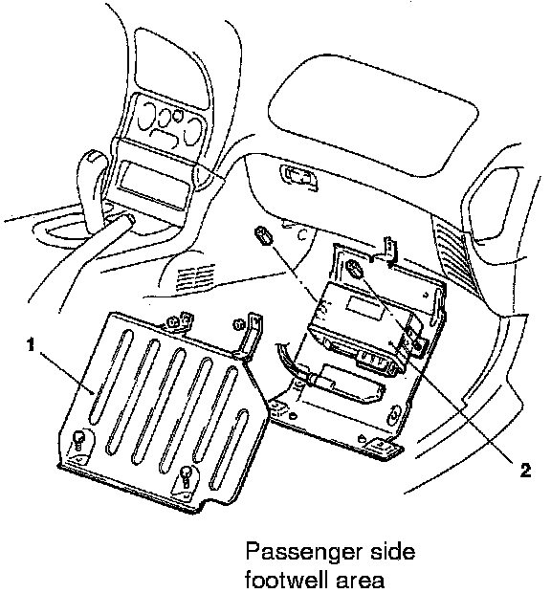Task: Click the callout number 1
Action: click(x=31, y=345)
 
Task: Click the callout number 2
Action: click(x=525, y=471)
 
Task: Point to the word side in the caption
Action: click(x=390, y=551)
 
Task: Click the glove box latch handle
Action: click(x=298, y=176)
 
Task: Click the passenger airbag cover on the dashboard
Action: click(x=372, y=114)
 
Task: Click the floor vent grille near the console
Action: click(x=195, y=276)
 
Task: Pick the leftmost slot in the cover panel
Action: click(x=112, y=376)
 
